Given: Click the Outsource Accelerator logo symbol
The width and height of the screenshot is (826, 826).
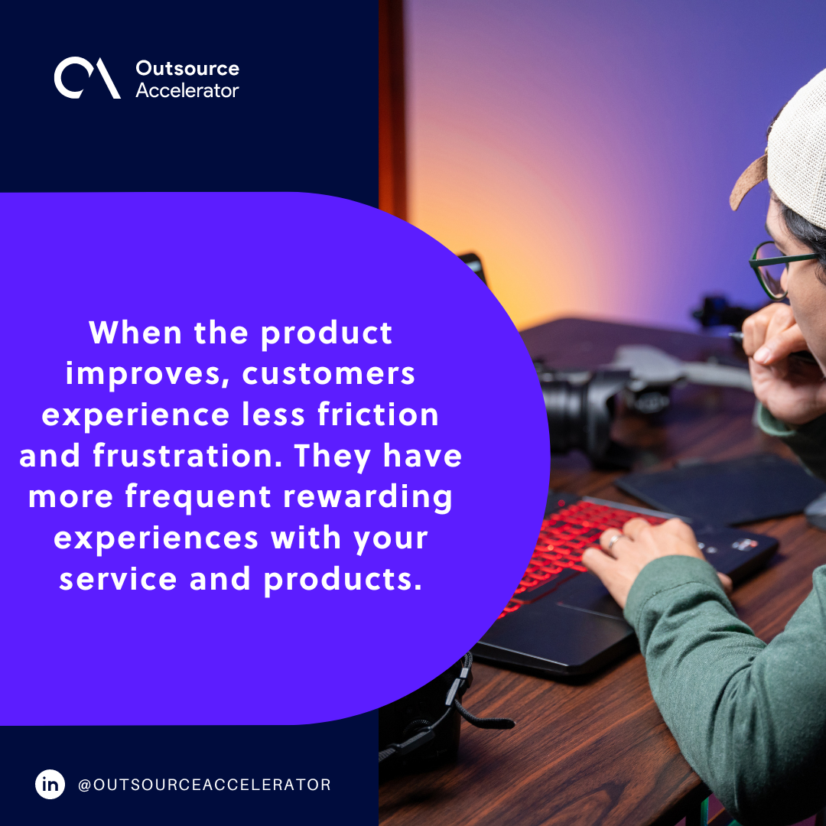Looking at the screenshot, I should tap(86, 79).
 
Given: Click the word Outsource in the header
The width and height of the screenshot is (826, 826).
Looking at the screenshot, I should tap(187, 68).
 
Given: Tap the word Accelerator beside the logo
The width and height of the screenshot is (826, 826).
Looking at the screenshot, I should tap(187, 90).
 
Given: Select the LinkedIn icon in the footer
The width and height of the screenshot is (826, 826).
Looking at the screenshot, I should tap(50, 785).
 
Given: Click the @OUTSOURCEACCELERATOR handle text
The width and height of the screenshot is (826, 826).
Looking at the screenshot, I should tap(204, 785).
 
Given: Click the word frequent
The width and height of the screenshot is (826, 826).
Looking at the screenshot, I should tap(197, 497).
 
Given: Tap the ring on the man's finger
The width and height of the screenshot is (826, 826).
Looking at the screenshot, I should tap(613, 541).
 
